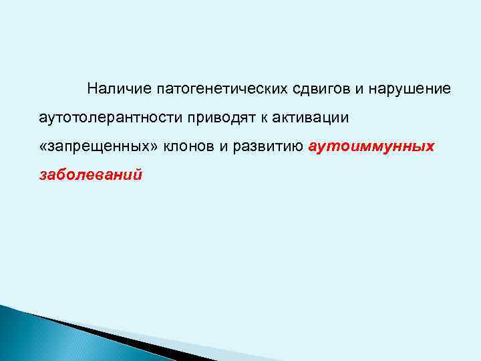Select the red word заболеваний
click(90, 175)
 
